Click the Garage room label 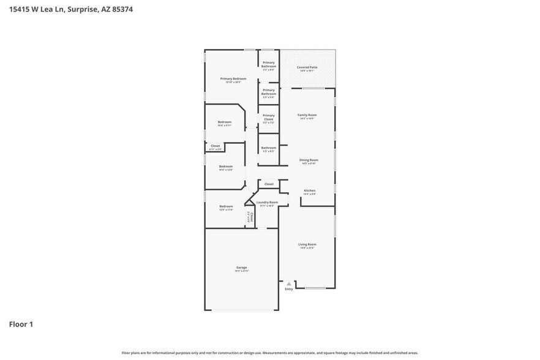pyautogui.click(x=242, y=268)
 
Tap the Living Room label pyautogui.click(x=307, y=244)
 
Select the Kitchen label pyautogui.click(x=310, y=190)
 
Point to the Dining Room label pyautogui.click(x=309, y=160)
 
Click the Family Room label pyautogui.click(x=307, y=115)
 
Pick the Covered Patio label pyautogui.click(x=306, y=67)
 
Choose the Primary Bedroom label pyautogui.click(x=233, y=79)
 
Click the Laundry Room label pyautogui.click(x=267, y=202)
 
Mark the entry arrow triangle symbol pyautogui.click(x=289, y=283)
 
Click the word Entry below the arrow pyautogui.click(x=289, y=289)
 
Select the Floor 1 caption pyautogui.click(x=21, y=324)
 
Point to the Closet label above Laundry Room pyautogui.click(x=269, y=184)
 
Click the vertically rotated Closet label pyautogui.click(x=251, y=217)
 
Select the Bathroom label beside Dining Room pyautogui.click(x=269, y=148)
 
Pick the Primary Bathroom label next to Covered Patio pyautogui.click(x=269, y=64)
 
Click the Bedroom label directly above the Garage pyautogui.click(x=226, y=206)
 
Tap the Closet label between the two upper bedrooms pyautogui.click(x=216, y=146)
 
